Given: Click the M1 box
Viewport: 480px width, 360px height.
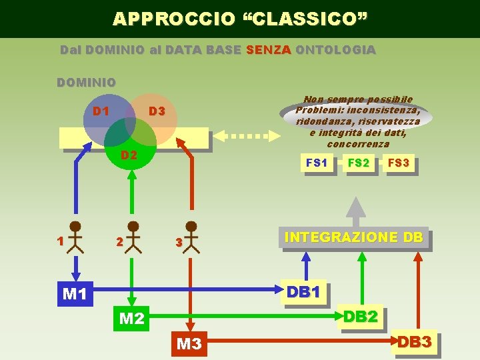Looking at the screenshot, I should (75, 293).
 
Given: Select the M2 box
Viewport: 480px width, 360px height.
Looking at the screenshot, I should (131, 319).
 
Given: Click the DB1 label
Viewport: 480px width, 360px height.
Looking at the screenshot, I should (304, 292).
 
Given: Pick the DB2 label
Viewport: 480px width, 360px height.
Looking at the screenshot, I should (361, 317).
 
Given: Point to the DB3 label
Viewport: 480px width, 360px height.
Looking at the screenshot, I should (415, 342).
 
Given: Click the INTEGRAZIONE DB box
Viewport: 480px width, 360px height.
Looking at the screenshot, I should (353, 237).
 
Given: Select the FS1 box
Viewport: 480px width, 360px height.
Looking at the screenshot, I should (317, 163).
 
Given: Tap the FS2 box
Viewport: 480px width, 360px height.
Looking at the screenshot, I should (359, 163).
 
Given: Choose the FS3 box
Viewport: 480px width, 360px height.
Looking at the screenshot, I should (399, 163).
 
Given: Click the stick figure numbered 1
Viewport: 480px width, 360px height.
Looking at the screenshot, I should (75, 237).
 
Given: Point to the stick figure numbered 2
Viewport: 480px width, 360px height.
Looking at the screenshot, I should (133, 237).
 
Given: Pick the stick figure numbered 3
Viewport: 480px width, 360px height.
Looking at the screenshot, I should (191, 237).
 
